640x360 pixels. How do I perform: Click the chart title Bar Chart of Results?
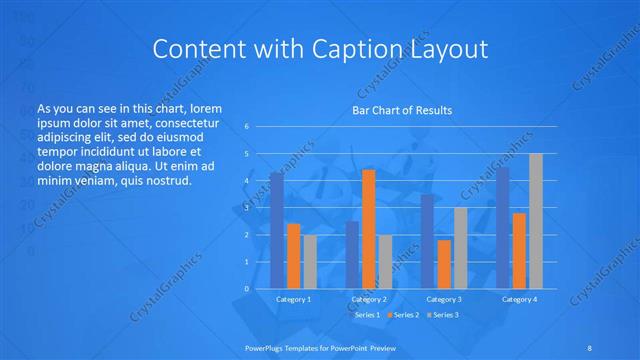[x=400, y=110]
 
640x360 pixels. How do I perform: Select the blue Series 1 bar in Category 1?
[x=277, y=230]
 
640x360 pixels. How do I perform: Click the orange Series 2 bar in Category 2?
[x=368, y=229]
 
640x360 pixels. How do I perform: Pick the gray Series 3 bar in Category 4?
[x=535, y=221]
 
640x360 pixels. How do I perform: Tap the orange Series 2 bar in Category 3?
[x=443, y=264]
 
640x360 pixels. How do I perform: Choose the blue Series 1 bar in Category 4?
[x=502, y=228]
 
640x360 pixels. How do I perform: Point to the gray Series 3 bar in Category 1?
[x=309, y=261]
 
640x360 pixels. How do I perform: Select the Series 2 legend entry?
[x=402, y=315]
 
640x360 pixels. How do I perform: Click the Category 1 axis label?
[x=293, y=299]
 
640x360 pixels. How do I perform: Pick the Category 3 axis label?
[x=443, y=299]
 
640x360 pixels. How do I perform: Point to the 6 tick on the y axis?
[x=247, y=127]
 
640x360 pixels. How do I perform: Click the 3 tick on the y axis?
[x=247, y=208]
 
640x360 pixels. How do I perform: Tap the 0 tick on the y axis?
[x=247, y=289]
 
